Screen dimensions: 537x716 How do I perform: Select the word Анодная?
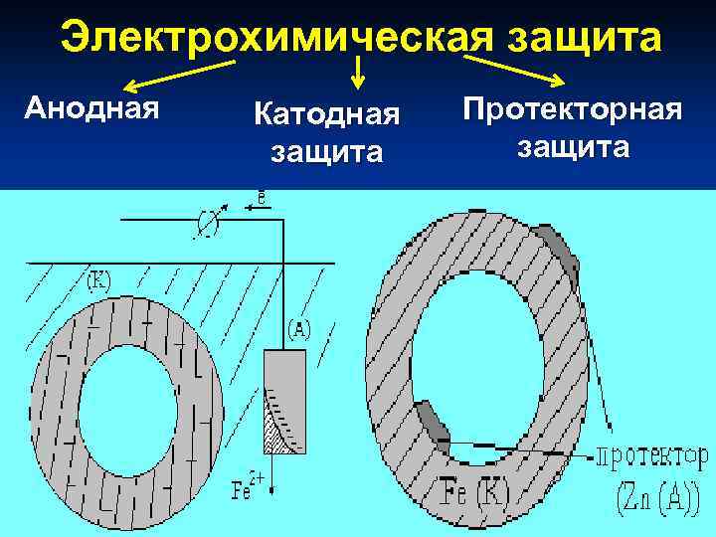pos(91,105)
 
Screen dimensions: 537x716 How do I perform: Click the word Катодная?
pos(326,115)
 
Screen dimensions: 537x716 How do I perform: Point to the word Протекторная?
pos(572,108)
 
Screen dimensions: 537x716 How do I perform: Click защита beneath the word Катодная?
pos(326,153)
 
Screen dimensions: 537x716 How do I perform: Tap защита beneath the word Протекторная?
pos(572,146)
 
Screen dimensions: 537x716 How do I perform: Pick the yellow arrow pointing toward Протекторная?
pos(517,70)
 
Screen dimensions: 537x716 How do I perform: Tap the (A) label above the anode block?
pos(300,329)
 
